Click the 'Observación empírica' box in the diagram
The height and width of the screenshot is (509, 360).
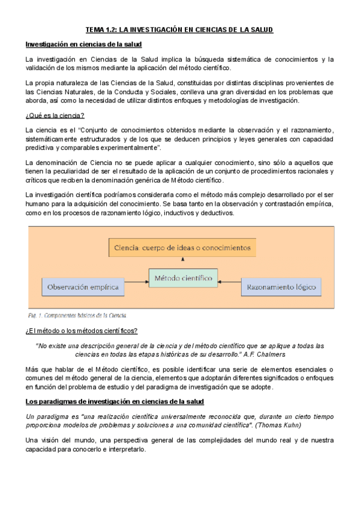point(82,286)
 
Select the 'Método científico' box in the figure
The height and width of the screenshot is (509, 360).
point(183,279)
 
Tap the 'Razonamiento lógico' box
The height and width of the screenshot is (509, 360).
point(278,288)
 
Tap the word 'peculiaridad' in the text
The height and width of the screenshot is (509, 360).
point(82,171)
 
